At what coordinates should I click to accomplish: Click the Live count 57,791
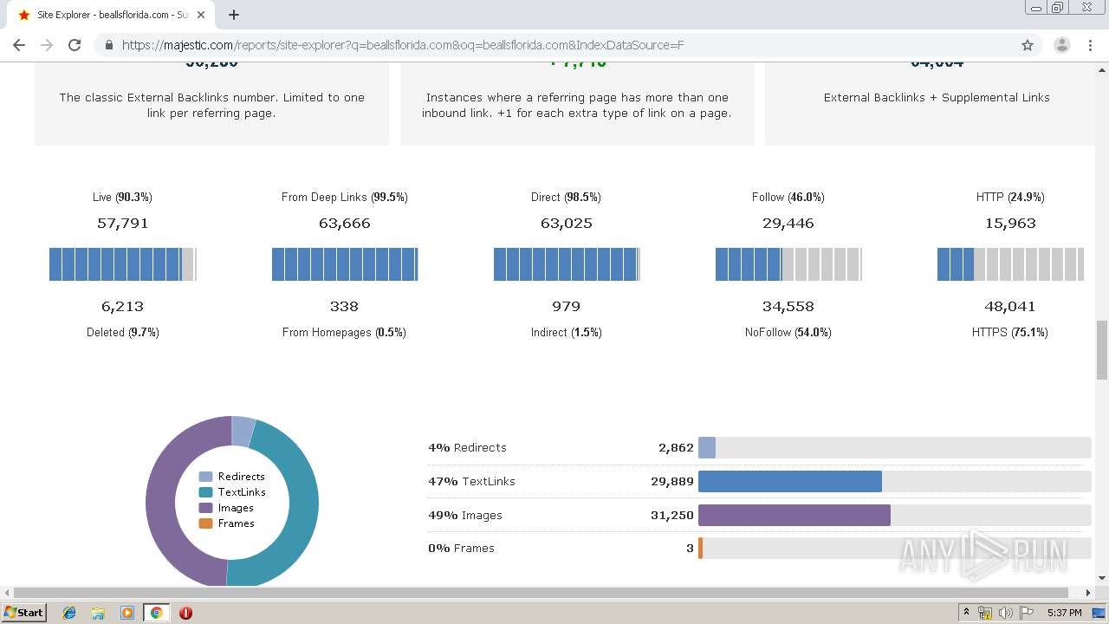click(122, 224)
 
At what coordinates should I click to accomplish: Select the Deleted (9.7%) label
click(122, 333)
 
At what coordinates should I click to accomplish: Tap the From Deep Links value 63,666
click(344, 224)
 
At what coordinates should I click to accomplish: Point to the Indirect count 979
click(566, 307)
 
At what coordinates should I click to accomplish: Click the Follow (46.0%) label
click(788, 198)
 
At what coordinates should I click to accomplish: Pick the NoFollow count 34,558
click(788, 307)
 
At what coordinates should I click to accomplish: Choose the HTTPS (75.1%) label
click(1009, 333)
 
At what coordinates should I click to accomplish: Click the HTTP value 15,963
click(1009, 224)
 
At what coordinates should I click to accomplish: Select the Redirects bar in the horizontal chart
click(707, 448)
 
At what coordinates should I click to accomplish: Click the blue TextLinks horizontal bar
click(789, 482)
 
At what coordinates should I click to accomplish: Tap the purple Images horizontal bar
click(794, 516)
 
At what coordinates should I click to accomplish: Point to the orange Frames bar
click(700, 549)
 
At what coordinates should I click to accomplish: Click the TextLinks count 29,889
click(671, 482)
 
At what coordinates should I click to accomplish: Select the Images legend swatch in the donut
click(205, 508)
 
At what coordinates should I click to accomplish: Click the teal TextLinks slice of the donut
click(299, 503)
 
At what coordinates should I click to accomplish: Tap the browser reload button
click(75, 45)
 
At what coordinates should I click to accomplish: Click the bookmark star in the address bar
click(1028, 45)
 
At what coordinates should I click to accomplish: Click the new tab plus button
click(234, 15)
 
